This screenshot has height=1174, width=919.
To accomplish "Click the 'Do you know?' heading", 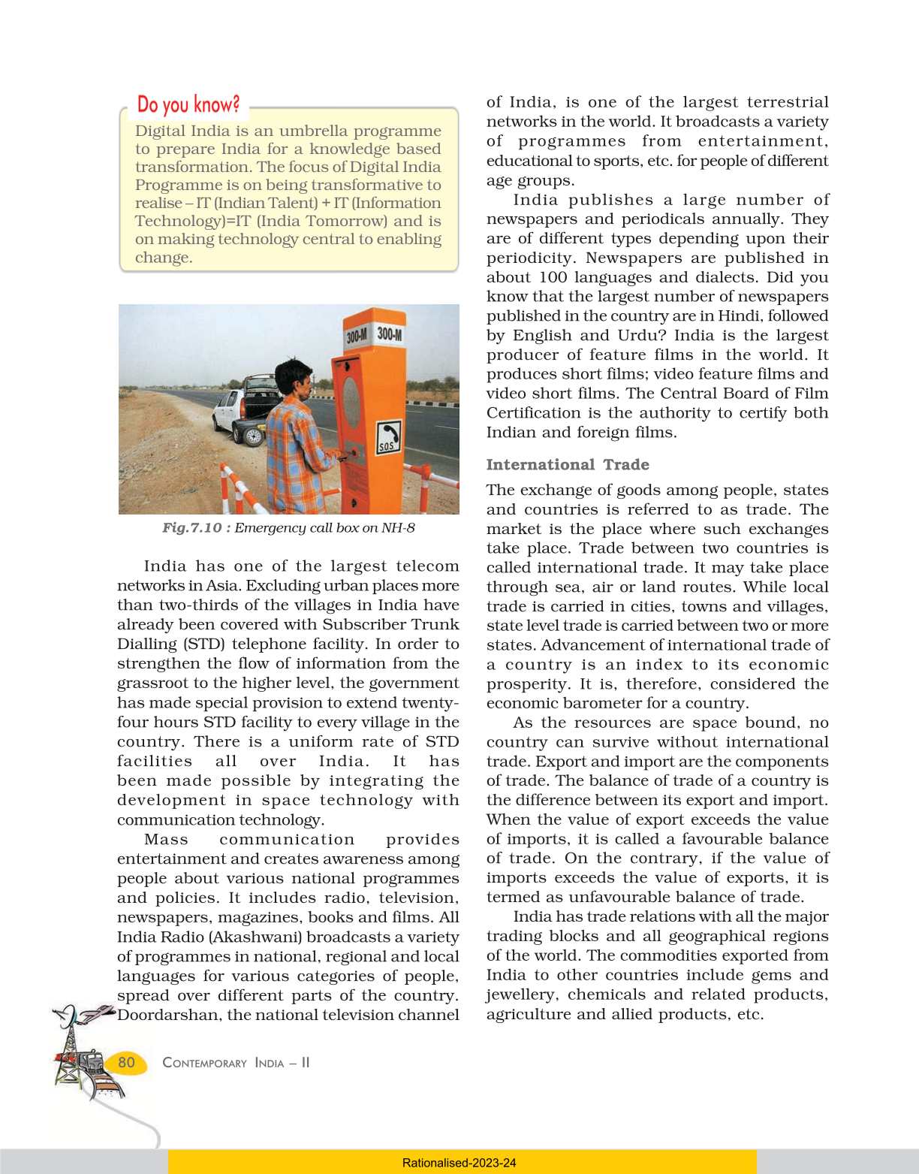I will point(188,104).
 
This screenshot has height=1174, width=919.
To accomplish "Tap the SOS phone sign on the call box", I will point(388,436).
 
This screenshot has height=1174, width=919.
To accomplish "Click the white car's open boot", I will point(259,387).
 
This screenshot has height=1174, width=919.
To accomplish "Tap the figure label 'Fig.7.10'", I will point(192,528).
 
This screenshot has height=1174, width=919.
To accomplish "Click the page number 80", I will point(126,1062).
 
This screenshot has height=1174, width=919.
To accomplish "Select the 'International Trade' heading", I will point(568,465).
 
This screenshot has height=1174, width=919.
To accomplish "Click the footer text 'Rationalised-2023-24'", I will point(459,1163).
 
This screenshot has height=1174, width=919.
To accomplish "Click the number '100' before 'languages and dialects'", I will point(553,277).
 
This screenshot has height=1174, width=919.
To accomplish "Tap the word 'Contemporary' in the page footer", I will point(204,1063).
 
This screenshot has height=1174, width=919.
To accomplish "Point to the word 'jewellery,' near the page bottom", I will point(522,995).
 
